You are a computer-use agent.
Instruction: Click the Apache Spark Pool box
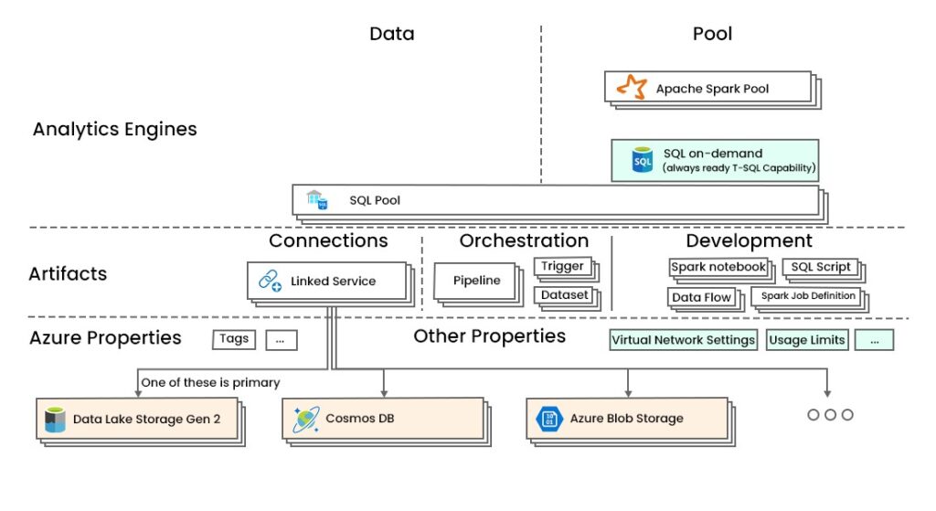click(707, 89)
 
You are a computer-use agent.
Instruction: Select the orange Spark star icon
click(631, 88)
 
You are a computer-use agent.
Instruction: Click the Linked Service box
click(325, 281)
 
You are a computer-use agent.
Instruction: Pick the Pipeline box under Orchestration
click(476, 281)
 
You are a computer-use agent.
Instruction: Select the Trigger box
click(562, 267)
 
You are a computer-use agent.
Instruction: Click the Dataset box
click(562, 295)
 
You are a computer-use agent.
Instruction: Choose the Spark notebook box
click(718, 267)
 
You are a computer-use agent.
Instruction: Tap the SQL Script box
click(820, 267)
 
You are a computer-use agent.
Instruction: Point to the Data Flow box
click(701, 297)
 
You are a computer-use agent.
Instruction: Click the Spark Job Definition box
click(808, 296)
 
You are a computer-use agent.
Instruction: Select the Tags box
click(234, 339)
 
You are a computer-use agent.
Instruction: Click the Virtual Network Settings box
click(683, 340)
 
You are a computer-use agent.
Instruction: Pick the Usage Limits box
click(807, 340)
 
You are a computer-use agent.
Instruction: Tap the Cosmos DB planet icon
click(304, 419)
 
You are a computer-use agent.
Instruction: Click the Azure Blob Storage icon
click(548, 419)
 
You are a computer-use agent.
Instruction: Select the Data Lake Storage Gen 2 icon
click(56, 420)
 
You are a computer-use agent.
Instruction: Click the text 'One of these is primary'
click(209, 383)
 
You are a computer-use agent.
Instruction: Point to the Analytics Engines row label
click(114, 129)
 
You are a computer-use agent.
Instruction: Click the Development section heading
click(749, 241)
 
